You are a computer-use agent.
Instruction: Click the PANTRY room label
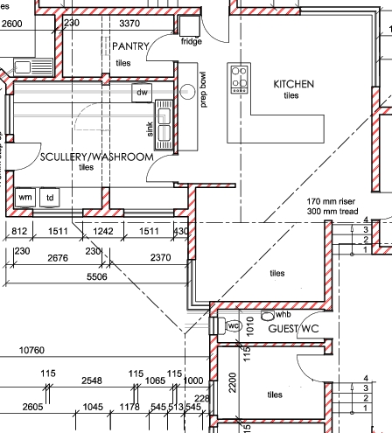[x=130, y=46]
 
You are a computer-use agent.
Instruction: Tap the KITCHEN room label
[x=294, y=84]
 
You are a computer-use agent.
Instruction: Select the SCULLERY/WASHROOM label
[x=97, y=157]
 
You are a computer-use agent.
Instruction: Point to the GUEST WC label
[x=293, y=329]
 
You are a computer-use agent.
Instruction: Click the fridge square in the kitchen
[x=190, y=26]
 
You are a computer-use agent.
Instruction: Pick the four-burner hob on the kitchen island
[x=240, y=80]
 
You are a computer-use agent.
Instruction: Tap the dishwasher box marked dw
[x=142, y=93]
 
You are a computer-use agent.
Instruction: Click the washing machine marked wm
[x=25, y=198]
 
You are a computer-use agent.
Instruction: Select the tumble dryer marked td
[x=50, y=198]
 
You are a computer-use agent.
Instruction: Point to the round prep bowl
[x=187, y=92]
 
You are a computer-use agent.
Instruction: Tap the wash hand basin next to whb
[x=267, y=315]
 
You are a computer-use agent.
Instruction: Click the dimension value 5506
[x=97, y=276]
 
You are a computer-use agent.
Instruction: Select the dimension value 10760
[x=31, y=350]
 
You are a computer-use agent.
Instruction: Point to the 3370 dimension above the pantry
[x=129, y=23]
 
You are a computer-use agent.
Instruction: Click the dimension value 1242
[x=103, y=231]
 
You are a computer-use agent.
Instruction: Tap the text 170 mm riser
[x=331, y=201]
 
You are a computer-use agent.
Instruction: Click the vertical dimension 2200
[x=233, y=382]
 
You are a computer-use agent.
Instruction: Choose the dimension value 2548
[x=92, y=381]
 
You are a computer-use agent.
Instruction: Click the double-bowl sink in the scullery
[x=164, y=125]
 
